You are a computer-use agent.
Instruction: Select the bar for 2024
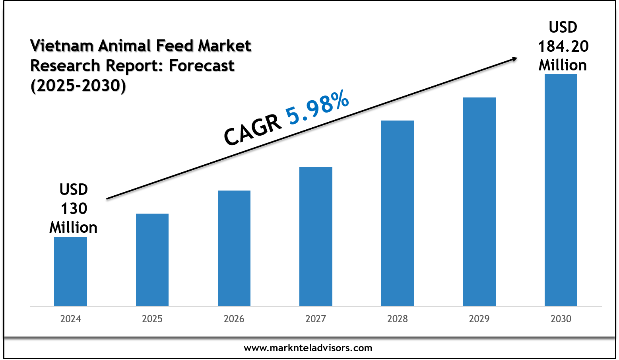[70, 272]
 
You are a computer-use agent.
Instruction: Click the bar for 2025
[152, 260]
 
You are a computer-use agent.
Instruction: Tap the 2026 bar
[234, 248]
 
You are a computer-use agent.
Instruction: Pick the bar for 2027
[316, 237]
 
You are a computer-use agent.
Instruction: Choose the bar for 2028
[398, 213]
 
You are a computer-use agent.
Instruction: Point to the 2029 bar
[479, 202]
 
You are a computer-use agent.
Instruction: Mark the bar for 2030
[561, 190]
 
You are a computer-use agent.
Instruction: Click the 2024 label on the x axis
[70, 319]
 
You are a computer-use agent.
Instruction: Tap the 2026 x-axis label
[234, 319]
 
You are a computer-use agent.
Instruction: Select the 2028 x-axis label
[398, 319]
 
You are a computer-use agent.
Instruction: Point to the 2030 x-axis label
[561, 319]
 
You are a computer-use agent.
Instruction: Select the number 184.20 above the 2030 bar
[563, 47]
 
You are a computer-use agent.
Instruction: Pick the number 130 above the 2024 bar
[74, 208]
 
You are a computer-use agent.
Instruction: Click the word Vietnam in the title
[62, 46]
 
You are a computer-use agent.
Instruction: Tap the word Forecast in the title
[202, 66]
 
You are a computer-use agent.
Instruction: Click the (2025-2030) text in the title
[78, 86]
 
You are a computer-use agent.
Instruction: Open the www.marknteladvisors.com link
[308, 348]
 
